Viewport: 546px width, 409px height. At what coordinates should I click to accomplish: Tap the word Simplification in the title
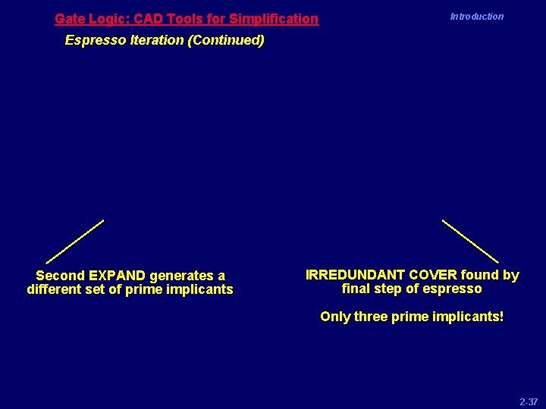click(x=275, y=18)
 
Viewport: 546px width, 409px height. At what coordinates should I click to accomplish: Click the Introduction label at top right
click(x=476, y=16)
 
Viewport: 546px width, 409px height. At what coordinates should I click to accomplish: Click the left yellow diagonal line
click(x=74, y=242)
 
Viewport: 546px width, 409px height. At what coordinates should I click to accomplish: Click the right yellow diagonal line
click(x=470, y=241)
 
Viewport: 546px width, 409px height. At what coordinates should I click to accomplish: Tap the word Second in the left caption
click(x=60, y=276)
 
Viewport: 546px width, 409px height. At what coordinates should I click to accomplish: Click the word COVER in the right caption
click(x=433, y=275)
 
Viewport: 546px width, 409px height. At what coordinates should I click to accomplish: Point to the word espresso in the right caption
click(x=453, y=289)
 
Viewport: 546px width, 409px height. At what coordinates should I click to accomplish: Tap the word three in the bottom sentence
click(x=372, y=316)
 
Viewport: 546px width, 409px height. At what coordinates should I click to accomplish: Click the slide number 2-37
click(x=529, y=401)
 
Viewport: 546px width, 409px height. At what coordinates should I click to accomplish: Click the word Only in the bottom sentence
click(x=335, y=316)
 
